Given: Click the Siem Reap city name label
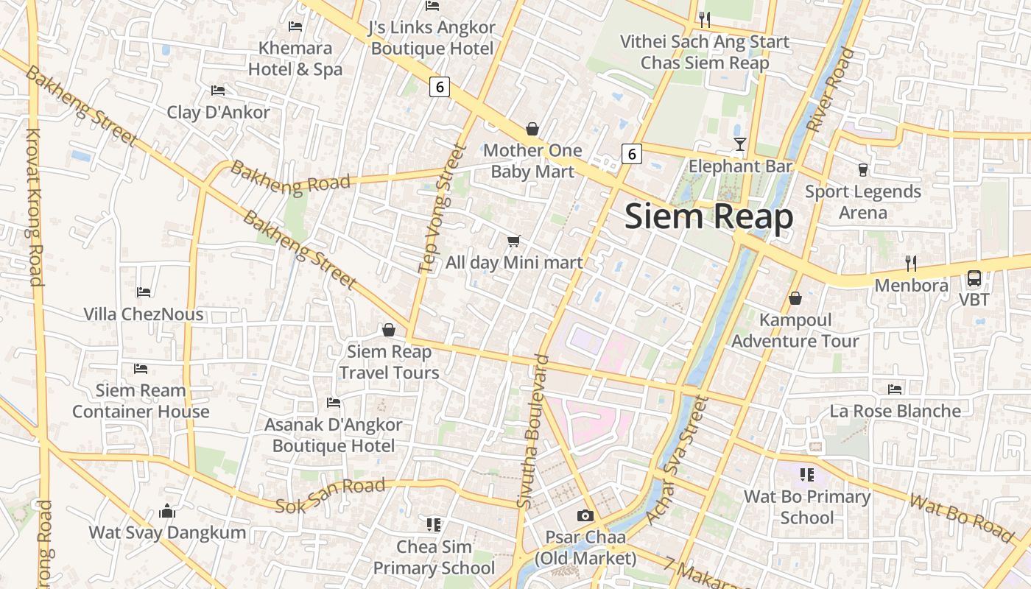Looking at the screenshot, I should tap(708, 217).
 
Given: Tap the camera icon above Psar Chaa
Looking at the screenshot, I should tap(585, 515).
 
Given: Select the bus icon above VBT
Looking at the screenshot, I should tap(974, 278).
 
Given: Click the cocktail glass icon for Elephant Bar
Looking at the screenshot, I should tap(740, 144).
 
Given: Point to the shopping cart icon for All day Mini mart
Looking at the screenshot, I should tap(514, 241).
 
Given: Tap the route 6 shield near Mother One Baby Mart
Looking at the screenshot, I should tap(631, 154).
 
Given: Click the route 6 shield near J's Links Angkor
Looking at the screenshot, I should tap(440, 87).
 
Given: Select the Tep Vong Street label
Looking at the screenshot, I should tap(442, 208).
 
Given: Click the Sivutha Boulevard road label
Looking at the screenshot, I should tap(534, 431).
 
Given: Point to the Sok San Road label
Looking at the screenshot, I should tap(330, 496).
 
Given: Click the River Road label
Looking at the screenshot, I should tap(831, 90).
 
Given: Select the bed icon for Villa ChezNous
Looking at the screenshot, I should tap(144, 292).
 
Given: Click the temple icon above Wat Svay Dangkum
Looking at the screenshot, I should tap(167, 510).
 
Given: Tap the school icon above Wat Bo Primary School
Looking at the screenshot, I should tap(806, 475).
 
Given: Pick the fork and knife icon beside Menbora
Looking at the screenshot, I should tap(911, 263).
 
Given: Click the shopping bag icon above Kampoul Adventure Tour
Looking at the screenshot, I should tap(795, 298).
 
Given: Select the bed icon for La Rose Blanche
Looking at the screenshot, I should tap(895, 389).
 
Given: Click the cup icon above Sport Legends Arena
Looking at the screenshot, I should tap(863, 170).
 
